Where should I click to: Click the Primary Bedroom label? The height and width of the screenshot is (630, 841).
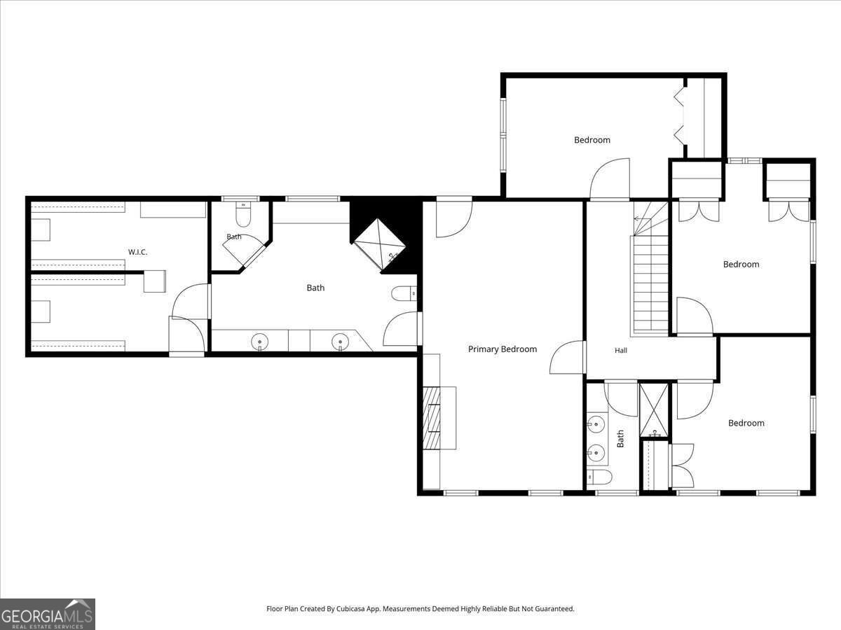502,349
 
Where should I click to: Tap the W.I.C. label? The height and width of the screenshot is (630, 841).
137,252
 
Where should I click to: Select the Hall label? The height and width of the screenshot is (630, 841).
621,351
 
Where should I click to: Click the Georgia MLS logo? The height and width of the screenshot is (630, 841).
48,614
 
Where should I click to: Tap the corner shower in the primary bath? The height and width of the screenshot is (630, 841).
379,245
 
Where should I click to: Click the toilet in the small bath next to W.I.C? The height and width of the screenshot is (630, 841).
243,216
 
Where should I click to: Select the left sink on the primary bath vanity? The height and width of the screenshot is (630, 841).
259,342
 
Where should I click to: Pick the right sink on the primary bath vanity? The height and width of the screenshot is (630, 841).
340,342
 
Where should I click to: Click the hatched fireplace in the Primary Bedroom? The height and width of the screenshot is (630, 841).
432,418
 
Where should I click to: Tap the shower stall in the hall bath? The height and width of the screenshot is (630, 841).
654,410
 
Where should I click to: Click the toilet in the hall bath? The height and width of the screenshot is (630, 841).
600,477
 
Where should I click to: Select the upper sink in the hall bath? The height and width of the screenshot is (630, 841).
596,425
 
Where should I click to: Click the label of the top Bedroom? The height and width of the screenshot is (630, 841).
592,140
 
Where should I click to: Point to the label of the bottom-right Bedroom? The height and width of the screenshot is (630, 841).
746,423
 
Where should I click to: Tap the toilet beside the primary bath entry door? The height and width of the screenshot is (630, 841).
404,295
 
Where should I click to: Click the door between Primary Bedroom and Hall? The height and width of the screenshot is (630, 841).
568,357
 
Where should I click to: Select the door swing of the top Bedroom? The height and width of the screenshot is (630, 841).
610,178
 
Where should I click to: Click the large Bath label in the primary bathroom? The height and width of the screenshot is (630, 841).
315,288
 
